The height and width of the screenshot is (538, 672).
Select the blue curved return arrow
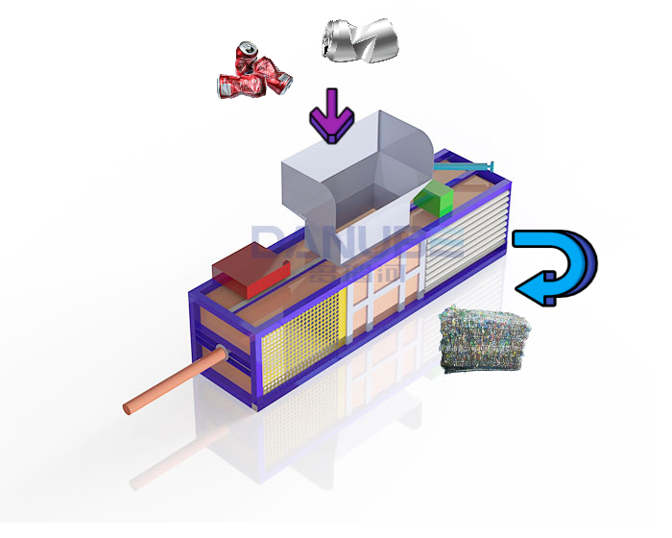pos(562,264)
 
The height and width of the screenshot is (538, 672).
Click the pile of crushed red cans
pos(253,75)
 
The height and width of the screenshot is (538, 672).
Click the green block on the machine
pos(434,196)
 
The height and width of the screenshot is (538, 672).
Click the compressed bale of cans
pos(483,339)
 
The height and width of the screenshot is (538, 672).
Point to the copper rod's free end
pos(128,409)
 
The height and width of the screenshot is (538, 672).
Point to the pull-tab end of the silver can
pos(331,37)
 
